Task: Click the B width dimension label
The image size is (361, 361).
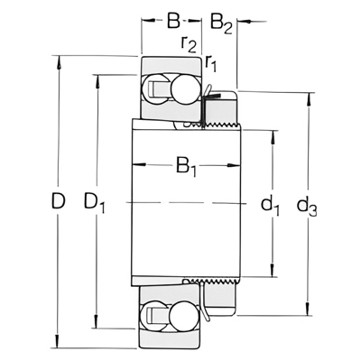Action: (x=173, y=21)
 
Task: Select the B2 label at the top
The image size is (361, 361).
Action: (x=221, y=23)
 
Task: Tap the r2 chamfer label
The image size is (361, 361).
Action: (x=189, y=44)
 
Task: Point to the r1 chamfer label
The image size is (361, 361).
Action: (x=211, y=63)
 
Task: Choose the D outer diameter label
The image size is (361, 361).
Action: (x=58, y=201)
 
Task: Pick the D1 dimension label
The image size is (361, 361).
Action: (x=95, y=202)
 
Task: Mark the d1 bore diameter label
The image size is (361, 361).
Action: (x=270, y=205)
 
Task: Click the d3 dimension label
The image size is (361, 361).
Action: (x=307, y=206)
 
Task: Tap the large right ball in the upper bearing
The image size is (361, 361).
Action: (x=183, y=89)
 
